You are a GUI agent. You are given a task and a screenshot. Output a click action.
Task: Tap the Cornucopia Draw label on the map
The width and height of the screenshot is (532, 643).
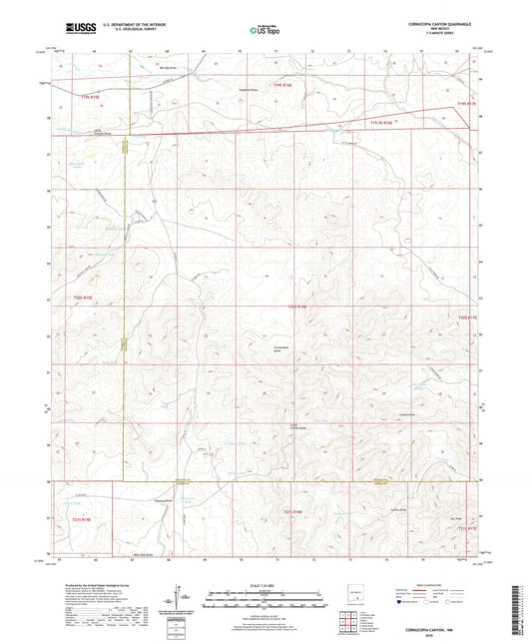tap(284, 348)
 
